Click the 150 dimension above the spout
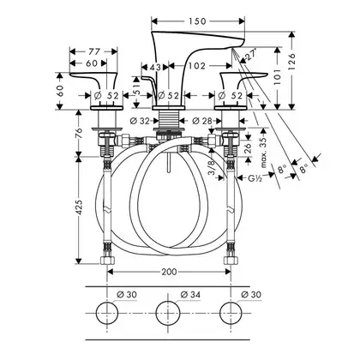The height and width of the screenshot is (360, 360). [197, 21]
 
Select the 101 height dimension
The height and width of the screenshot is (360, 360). [277, 76]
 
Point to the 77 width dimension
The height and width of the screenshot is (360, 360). [93, 51]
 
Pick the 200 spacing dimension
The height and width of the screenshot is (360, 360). [169, 272]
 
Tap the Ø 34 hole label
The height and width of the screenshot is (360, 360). [190, 294]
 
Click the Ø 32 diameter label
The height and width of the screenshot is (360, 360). [140, 121]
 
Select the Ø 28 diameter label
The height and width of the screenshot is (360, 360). [202, 121]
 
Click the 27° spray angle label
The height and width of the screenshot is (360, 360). [250, 54]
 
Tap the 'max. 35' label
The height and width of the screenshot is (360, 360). [263, 152]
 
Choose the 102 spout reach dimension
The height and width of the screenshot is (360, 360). [197, 66]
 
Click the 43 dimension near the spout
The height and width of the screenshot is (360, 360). [155, 68]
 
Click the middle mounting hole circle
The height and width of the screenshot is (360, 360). [168, 313]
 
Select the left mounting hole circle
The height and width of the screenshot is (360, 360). [107, 313]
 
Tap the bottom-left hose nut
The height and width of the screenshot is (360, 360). [107, 261]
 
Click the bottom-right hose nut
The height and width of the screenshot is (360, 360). [231, 261]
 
